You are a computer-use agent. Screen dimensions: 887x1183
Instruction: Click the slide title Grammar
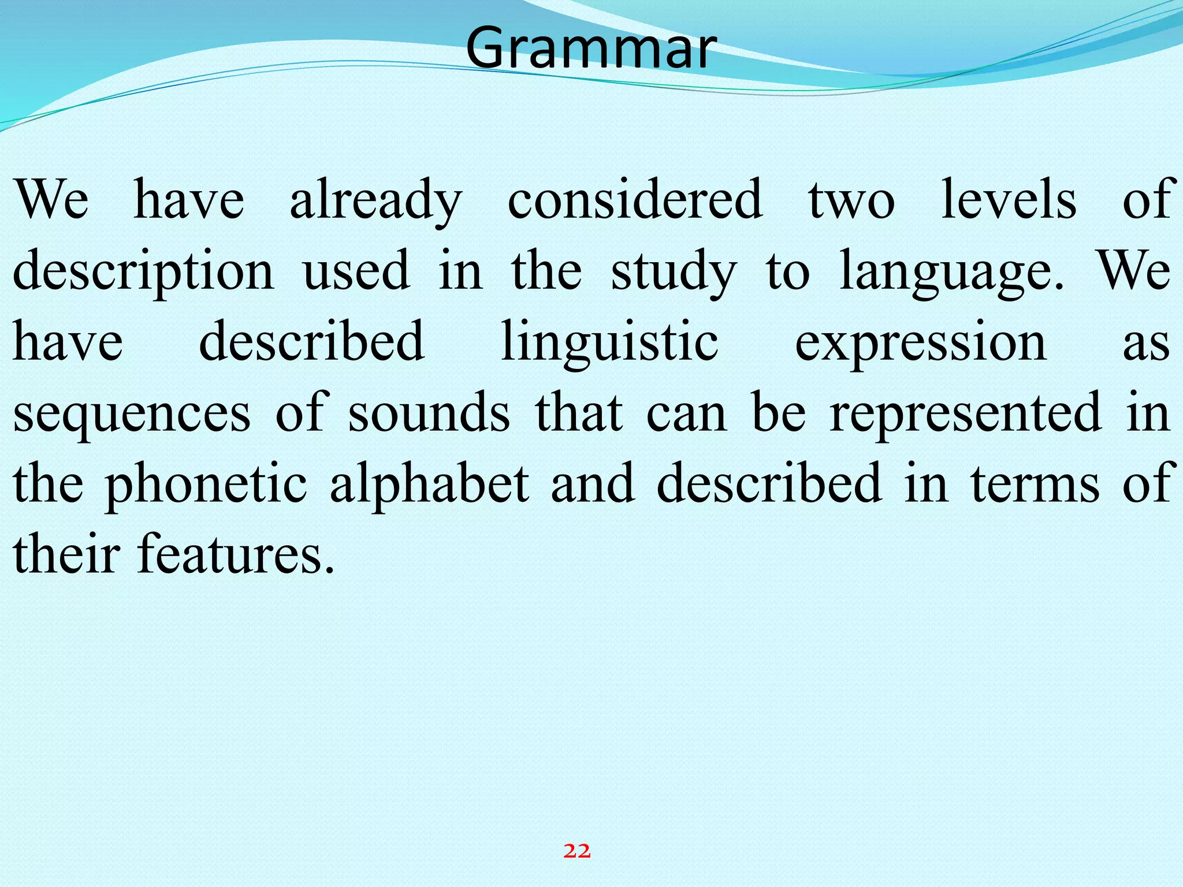(590, 47)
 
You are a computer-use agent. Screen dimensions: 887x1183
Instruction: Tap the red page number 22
(577, 851)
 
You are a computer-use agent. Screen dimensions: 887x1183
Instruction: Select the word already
(375, 200)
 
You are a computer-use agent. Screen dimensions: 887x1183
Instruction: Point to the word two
(851, 200)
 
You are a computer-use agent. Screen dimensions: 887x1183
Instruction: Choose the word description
(143, 271)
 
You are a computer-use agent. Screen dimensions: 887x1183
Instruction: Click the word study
(674, 271)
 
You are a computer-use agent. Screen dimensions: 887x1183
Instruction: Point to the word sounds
(429, 413)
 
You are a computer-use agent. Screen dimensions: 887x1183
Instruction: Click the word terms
(1035, 484)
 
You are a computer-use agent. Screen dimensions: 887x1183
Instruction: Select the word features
(236, 554)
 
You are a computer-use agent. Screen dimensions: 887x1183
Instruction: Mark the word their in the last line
(66, 554)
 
